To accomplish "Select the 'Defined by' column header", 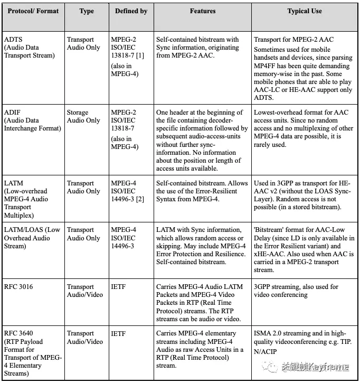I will coord(131,11).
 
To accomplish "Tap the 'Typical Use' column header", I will coord(305,11).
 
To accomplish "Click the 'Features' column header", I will coord(202,11).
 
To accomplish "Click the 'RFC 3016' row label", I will coord(18,287).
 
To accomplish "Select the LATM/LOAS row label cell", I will coord(32,238).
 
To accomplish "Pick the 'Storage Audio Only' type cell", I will coord(83,117).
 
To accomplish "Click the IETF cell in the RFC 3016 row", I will coord(119,287).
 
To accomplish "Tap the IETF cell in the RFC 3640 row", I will coord(119,333).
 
